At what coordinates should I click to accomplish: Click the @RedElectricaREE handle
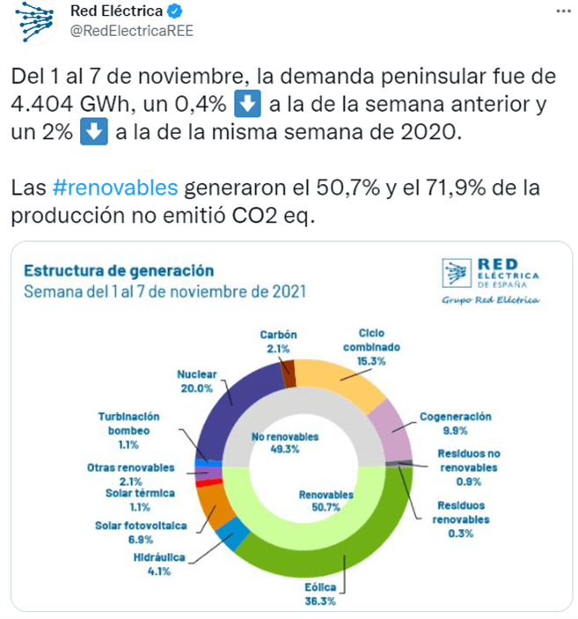click(x=131, y=31)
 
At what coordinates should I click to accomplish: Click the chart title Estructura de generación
click(x=118, y=270)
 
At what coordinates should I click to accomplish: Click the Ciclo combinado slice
click(x=338, y=380)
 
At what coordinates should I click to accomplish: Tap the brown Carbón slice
click(x=287, y=373)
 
